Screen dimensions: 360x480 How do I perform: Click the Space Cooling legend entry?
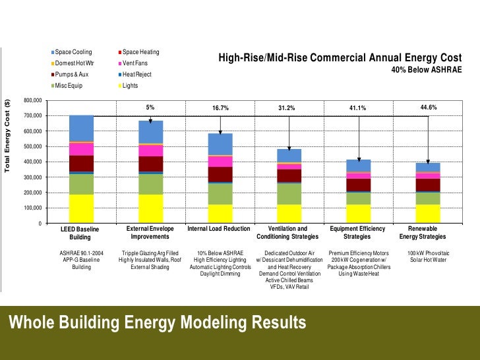[x=73, y=51]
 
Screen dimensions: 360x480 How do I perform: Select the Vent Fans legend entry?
[x=137, y=63]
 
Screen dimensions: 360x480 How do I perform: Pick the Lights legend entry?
[x=131, y=85]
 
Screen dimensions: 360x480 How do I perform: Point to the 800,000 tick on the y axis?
[x=32, y=100]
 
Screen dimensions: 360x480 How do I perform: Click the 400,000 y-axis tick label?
[x=32, y=162]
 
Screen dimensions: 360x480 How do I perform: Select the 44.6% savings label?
[x=428, y=107]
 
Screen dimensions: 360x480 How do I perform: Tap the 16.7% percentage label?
[x=220, y=107]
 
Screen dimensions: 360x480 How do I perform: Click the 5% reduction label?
[x=150, y=107]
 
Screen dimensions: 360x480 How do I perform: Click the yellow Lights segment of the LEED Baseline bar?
[x=81, y=208]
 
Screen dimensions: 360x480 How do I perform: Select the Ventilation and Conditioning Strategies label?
[x=289, y=232]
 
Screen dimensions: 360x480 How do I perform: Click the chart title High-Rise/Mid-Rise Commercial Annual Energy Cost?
[x=340, y=59]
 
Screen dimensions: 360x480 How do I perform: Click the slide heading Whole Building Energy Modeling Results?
[x=156, y=322]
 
